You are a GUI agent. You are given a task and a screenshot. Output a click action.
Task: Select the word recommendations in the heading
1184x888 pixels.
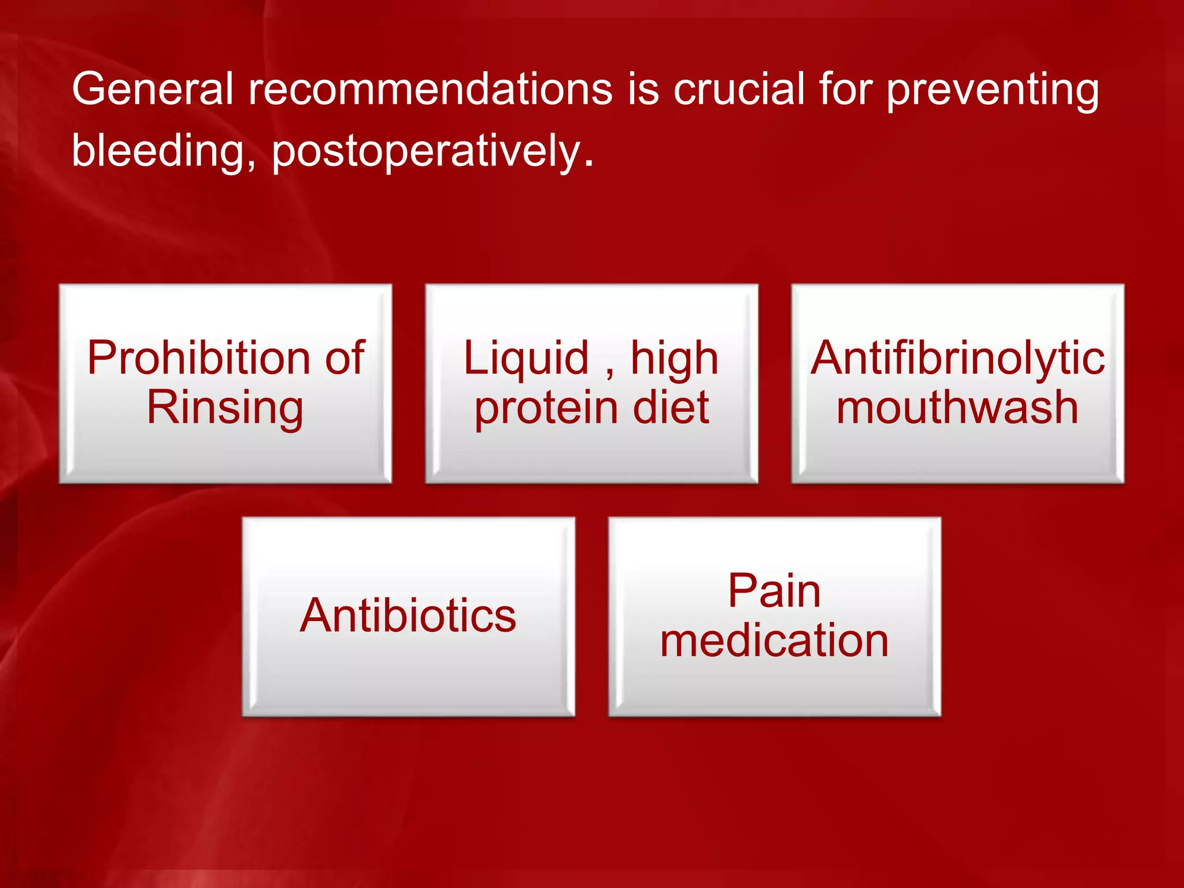[x=430, y=90]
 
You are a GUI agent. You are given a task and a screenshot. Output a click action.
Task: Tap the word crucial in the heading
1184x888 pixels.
[x=739, y=90]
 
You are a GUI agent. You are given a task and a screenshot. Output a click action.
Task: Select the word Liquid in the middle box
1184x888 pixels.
[x=526, y=358]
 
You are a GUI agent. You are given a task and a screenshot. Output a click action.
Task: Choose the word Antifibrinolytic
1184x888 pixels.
[x=957, y=358]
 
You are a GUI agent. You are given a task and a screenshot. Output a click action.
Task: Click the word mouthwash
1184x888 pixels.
[x=957, y=408]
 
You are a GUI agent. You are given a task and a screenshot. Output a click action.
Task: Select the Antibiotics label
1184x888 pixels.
[x=408, y=615]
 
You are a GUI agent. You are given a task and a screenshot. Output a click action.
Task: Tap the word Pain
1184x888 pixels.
[x=774, y=591]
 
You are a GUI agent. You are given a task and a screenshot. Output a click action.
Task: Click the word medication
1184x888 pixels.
[x=774, y=641]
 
